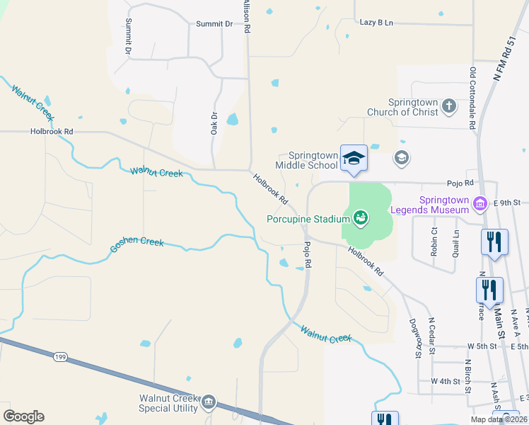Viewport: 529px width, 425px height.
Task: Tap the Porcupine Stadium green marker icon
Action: [360, 217]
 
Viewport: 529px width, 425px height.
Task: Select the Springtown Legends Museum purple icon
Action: [481, 204]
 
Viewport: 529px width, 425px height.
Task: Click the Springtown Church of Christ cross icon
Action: [448, 106]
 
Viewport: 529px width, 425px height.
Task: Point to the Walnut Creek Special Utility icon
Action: [209, 403]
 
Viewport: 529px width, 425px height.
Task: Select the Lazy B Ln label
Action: [376, 23]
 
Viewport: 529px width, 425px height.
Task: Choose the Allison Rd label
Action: [247, 17]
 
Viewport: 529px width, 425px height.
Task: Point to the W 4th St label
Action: [446, 381]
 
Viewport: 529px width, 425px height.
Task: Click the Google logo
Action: [23, 416]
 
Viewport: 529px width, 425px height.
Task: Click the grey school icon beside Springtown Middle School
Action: [402, 157]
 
